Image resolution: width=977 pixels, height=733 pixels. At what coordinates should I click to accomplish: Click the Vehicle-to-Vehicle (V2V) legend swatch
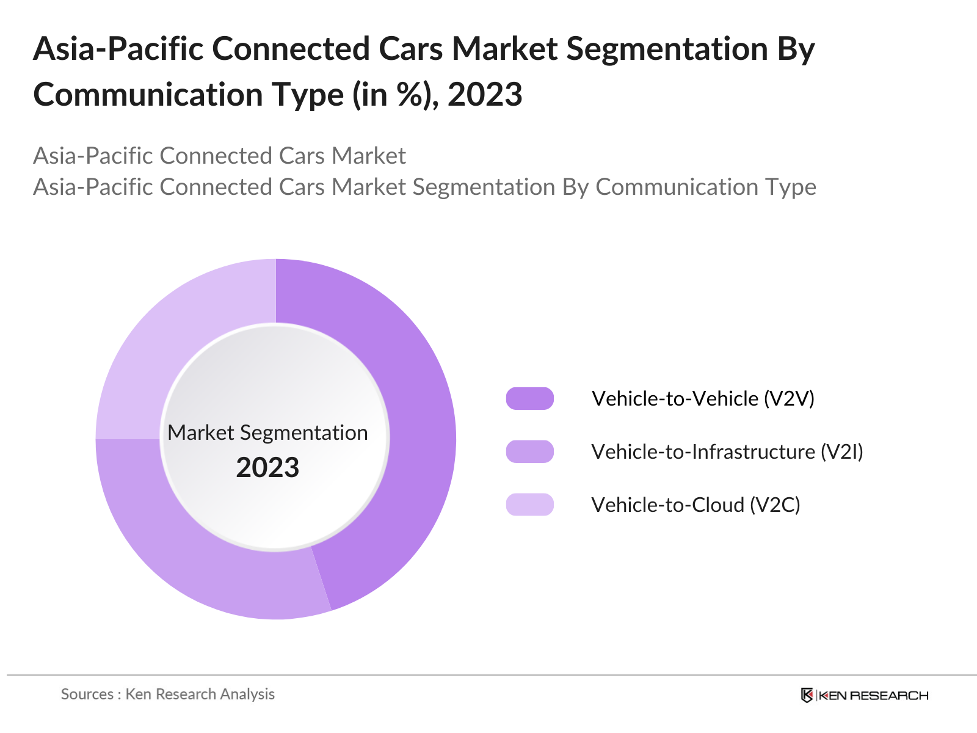coord(529,398)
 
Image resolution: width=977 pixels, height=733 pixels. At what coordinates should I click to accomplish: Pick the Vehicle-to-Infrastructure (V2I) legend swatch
coord(529,451)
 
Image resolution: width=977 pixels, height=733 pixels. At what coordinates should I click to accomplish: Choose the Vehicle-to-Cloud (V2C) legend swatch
coord(529,505)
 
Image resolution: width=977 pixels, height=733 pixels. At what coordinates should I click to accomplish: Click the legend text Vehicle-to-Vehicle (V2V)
coord(703,398)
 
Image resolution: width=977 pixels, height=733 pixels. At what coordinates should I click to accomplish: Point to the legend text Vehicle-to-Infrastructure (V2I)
coord(727,451)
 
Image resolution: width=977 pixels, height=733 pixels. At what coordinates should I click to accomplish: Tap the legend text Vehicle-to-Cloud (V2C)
coord(696,505)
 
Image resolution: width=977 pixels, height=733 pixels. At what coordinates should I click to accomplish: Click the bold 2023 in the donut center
coord(267,468)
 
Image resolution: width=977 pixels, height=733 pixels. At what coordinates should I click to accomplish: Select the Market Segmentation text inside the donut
coord(267,432)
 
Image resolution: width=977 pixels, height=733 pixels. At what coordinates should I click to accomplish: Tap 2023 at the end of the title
coord(485,95)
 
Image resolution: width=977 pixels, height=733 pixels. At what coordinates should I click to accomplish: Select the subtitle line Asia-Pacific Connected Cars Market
coord(219,156)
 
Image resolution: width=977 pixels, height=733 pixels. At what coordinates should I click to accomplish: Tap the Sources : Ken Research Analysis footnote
coord(168,694)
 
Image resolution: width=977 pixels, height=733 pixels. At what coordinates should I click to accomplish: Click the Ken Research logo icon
coord(807,695)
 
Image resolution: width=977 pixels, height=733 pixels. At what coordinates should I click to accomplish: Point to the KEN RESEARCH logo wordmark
coord(873,695)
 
